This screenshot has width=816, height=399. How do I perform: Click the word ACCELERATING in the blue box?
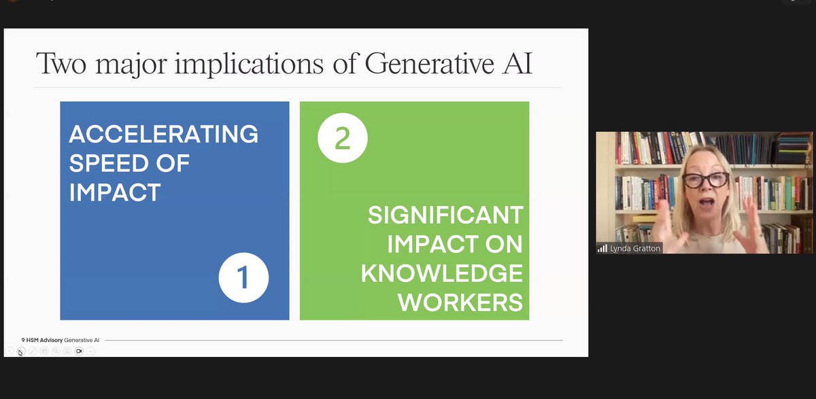(x=163, y=134)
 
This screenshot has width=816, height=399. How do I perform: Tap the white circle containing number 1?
(x=243, y=277)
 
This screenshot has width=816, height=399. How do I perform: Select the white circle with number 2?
(x=343, y=138)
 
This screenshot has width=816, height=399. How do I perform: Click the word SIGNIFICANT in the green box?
(x=445, y=215)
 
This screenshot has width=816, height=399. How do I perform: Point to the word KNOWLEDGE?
(x=442, y=273)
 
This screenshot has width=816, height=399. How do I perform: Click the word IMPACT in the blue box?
(x=114, y=192)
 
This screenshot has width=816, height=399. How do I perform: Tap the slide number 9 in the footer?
(x=23, y=339)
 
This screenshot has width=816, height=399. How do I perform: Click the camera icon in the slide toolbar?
(x=79, y=351)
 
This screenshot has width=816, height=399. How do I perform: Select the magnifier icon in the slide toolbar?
(x=56, y=351)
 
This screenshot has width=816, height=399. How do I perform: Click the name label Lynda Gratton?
(x=635, y=249)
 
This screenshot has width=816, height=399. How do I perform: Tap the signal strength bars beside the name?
(x=602, y=249)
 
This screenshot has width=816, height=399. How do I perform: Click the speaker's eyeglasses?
(x=706, y=180)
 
